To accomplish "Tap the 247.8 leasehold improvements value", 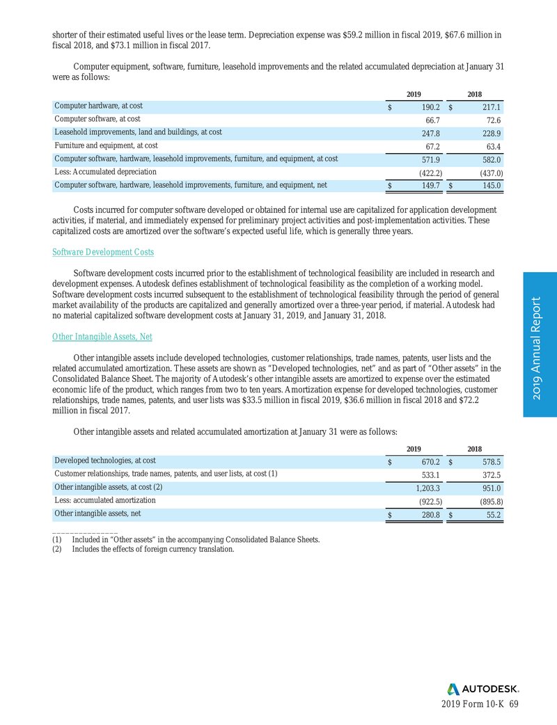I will coord(427,133).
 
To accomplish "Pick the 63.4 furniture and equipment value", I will coord(492,146).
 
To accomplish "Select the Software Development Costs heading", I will coord(103,251).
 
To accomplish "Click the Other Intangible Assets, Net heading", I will coord(102,337).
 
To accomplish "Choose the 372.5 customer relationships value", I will coord(490,475).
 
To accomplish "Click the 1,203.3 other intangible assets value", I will coord(424,488).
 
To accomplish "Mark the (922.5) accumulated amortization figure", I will coord(425,501).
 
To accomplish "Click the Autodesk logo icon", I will coord(453,689).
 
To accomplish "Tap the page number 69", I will coord(514,704).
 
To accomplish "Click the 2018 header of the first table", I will coord(475,94).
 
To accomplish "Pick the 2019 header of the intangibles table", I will coord(415,449).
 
